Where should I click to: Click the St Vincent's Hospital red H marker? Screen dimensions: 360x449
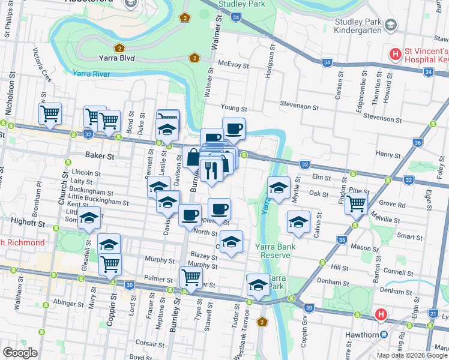tap(395, 55)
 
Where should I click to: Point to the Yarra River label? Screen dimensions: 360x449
tap(91, 73)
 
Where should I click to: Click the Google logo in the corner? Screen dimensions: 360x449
tap(20, 353)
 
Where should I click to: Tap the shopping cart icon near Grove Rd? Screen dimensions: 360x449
tap(357, 204)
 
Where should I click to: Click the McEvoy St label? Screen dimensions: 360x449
tap(234, 63)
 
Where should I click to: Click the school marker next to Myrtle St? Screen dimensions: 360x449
tap(278, 188)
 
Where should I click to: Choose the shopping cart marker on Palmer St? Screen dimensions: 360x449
tap(191, 277)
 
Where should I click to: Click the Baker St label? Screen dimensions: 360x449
tap(100, 156)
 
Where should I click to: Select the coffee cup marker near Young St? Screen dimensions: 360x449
tap(234, 128)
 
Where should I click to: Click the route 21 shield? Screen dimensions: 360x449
tap(433, 313)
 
